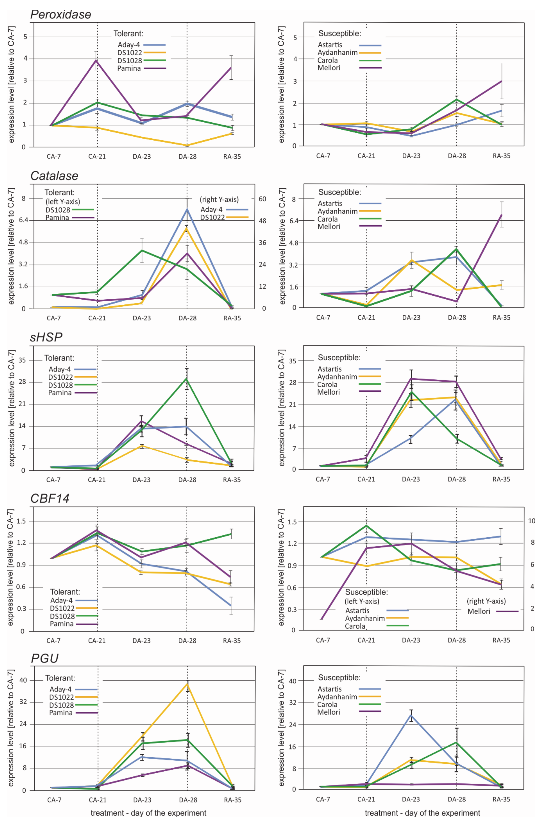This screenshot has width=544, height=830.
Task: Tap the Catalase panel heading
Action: [x=54, y=176]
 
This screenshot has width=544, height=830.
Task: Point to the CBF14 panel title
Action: [x=50, y=498]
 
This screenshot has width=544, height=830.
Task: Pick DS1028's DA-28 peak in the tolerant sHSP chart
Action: [x=187, y=379]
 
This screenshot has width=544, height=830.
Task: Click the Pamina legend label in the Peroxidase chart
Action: [x=129, y=68]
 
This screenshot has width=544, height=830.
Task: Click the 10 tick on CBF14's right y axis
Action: [x=532, y=521]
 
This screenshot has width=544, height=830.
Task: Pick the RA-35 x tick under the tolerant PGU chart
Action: [x=233, y=800]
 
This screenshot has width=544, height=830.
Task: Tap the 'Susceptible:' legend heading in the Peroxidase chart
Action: [x=339, y=34]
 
